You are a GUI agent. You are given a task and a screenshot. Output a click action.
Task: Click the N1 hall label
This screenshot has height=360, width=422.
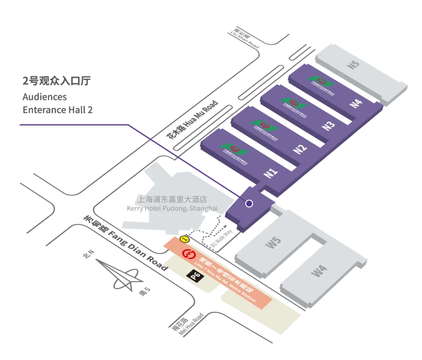point(271,173)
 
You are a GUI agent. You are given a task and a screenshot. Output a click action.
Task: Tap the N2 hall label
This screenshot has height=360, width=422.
point(300,149)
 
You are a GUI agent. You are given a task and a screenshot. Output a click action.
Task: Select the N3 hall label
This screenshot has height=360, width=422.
point(328,126)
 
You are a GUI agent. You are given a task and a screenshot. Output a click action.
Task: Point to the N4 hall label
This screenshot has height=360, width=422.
point(356,103)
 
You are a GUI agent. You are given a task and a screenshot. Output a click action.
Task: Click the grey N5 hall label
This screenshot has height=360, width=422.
point(354,65)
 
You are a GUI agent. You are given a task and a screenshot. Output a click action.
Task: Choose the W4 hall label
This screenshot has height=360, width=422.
point(319,272)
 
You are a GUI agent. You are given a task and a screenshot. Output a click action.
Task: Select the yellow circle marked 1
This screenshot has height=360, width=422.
point(184,239)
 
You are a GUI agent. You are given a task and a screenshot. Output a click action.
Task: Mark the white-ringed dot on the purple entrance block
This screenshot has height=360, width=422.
point(249,203)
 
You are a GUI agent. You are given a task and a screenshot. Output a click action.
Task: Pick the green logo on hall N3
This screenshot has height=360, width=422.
point(290,102)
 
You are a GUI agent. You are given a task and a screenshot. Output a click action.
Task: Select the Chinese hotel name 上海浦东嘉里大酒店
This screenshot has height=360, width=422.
point(172,199)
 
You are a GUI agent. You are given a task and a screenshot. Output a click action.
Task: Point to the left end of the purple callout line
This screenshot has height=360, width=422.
point(18,124)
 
